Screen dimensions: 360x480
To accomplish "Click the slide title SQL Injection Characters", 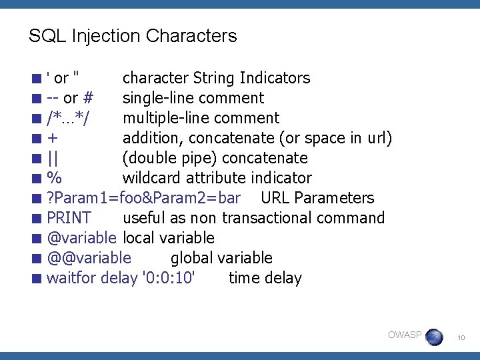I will (133, 35).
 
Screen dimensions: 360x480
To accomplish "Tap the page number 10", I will (460, 339).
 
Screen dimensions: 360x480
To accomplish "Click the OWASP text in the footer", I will (405, 335).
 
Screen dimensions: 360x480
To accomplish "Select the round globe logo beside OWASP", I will (434, 337).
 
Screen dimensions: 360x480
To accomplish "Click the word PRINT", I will (69, 218).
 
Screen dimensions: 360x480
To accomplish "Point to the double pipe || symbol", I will (53, 158).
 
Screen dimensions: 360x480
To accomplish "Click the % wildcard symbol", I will (55, 178).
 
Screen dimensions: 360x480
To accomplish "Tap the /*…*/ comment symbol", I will (69, 119).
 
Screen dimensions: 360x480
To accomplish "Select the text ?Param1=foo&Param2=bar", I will (143, 198).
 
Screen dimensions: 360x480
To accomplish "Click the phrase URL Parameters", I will (317, 198).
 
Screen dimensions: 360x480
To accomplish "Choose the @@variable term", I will (89, 258).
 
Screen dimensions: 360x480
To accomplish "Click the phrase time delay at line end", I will (265, 278).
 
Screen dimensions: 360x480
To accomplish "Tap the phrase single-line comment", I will (193, 98).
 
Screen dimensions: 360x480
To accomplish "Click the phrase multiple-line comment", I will (201, 118).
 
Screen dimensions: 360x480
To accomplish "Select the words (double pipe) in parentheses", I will (170, 158).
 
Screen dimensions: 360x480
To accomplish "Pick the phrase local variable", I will (169, 238).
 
